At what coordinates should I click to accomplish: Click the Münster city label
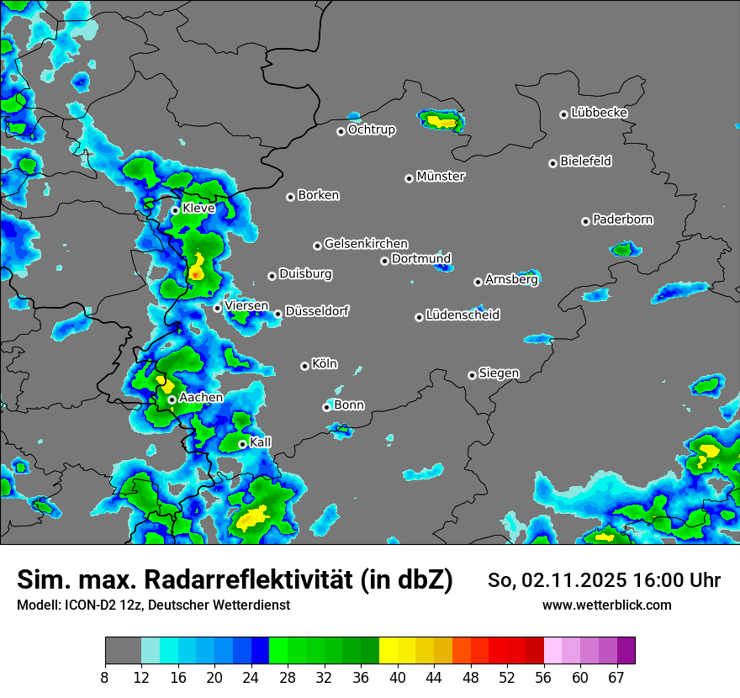pos(441,177)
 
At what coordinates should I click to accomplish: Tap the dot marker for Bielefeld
pos(553,163)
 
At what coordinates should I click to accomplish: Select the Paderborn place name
pos(623,219)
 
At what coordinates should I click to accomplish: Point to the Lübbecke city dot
pos(564,114)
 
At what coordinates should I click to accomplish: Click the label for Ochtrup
pos(372,130)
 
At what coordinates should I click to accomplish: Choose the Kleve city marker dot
pos(176,210)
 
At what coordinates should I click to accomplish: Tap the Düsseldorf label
pos(317,311)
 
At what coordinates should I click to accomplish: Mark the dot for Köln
pos(305,366)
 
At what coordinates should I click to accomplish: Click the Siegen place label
pos(499,373)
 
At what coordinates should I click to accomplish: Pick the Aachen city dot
pos(172,399)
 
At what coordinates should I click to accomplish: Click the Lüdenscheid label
pos(462,315)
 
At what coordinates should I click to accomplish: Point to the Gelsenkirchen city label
pos(366,244)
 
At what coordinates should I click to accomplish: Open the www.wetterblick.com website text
pos(606,605)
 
